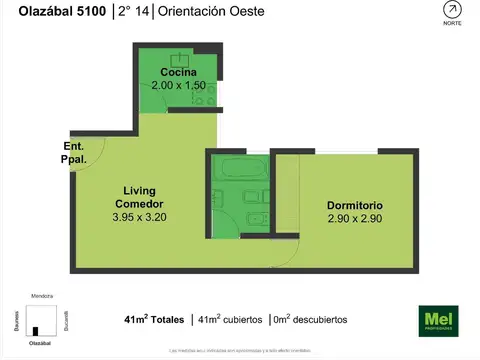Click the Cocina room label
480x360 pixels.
[177, 73]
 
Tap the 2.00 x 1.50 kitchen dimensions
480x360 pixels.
[177, 86]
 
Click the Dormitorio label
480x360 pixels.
[355, 206]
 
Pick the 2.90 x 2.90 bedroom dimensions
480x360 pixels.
[355, 219]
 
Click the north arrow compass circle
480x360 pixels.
[452, 10]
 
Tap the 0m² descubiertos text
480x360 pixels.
[310, 320]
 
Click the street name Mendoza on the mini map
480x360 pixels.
[41, 297]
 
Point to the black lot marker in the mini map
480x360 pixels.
[37, 331]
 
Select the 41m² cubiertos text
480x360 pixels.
[228, 320]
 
